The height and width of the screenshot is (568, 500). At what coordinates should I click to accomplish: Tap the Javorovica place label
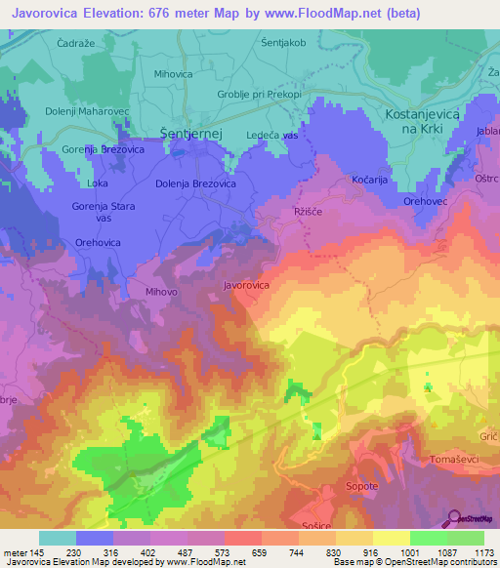coord(246,286)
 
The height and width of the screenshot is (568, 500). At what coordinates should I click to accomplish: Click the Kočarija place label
coord(370,181)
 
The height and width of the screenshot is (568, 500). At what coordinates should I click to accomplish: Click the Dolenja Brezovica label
coord(195,183)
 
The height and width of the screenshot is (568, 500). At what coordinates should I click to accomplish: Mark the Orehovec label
coord(427,201)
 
